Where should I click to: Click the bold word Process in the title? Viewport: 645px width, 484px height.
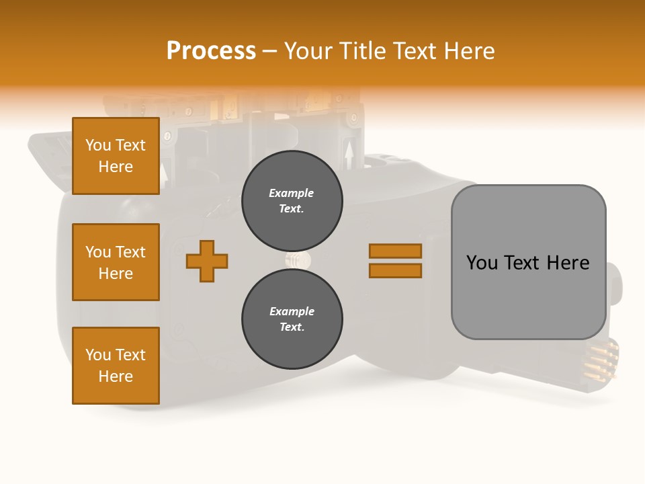coord(211,51)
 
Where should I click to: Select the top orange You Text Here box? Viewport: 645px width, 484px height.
coord(116,156)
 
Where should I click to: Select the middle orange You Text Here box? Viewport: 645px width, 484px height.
coord(116,262)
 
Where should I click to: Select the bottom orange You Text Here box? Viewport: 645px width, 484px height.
coord(116,366)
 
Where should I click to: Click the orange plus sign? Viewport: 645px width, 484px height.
coord(207,261)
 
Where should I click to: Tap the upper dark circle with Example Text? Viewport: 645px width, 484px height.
coord(292,201)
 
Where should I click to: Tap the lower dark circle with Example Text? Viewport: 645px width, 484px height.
coord(292,319)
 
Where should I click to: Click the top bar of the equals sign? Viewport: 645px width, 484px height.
coord(396,251)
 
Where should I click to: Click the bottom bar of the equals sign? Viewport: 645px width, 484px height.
coord(396,271)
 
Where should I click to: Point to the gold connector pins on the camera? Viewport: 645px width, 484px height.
coord(601,360)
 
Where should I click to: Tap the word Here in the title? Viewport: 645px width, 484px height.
coord(468,51)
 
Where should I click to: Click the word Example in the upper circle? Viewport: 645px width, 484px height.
coord(292,193)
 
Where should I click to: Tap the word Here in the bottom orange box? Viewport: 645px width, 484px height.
coord(116,376)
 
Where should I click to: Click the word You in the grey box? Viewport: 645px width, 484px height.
coord(481,263)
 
